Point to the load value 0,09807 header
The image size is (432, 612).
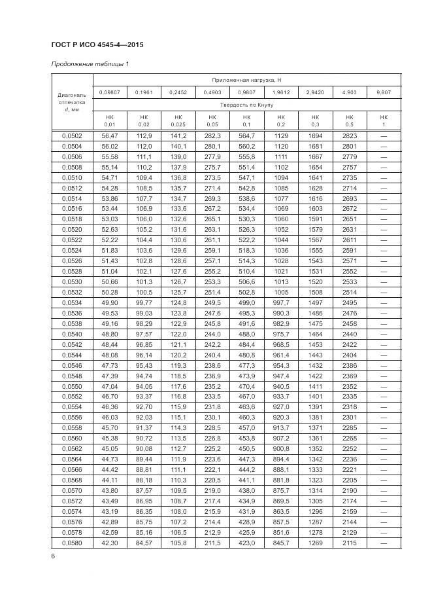[x=109, y=92]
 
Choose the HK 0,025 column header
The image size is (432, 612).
[x=178, y=120]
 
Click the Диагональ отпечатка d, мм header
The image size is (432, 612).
[x=72, y=102]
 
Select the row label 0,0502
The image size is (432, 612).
[x=72, y=135]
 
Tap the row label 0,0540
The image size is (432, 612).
[x=72, y=334]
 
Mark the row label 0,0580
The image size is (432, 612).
[x=72, y=543]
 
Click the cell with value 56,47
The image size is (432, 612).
[x=109, y=135]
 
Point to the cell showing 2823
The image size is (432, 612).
[x=350, y=135]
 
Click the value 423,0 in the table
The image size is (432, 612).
[x=246, y=543]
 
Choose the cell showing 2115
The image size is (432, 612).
[x=350, y=543]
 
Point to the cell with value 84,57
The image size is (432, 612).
[x=144, y=543]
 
